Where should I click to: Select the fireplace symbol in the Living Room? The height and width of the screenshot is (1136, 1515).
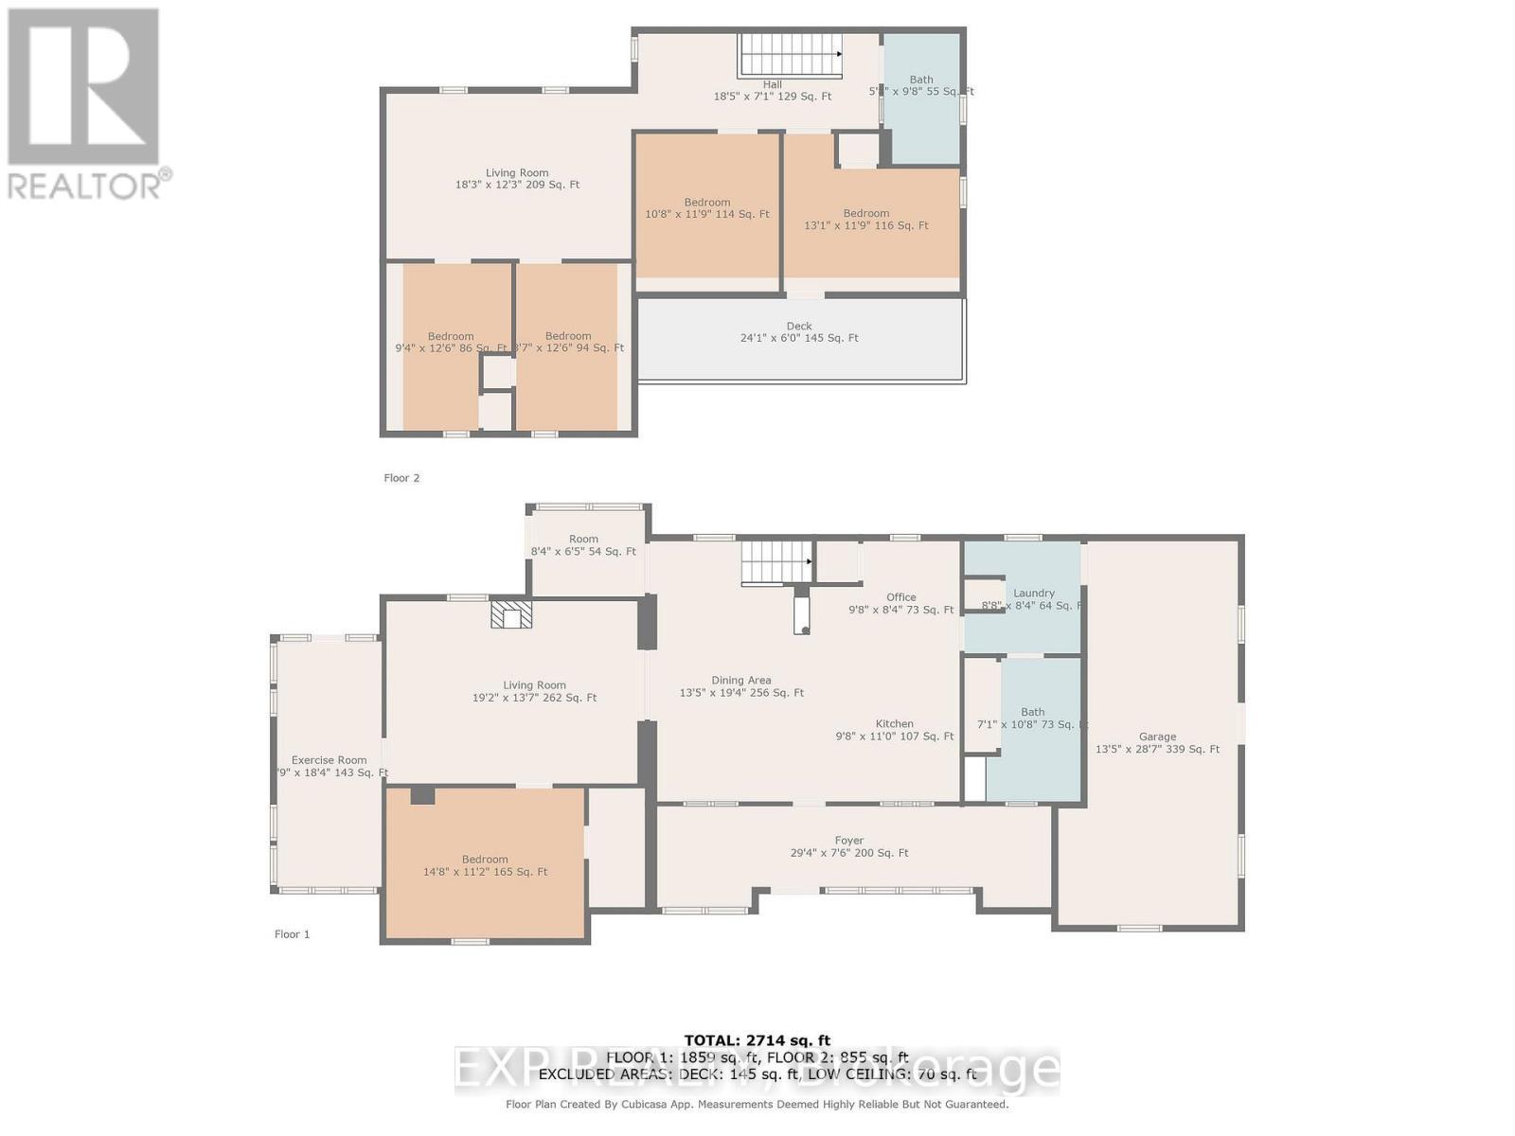point(511,614)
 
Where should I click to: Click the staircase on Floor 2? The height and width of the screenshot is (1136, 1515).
point(790,54)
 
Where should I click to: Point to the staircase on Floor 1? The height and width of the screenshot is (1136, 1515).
point(775,562)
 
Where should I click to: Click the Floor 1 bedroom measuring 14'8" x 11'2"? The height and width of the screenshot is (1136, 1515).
point(485,865)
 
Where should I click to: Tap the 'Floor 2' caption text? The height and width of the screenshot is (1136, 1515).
point(401,478)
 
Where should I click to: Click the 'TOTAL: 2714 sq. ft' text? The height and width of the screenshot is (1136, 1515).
point(757,1040)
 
